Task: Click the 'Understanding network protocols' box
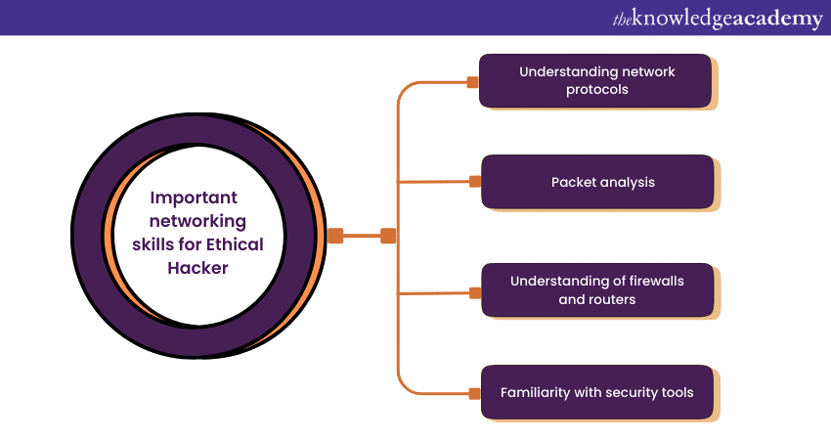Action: [595, 80]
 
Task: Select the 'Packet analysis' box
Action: [597, 182]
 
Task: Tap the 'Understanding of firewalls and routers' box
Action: [597, 290]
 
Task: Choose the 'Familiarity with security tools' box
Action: [597, 393]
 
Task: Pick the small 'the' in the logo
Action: [623, 18]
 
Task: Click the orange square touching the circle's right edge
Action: [335, 236]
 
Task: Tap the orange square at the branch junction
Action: [388, 236]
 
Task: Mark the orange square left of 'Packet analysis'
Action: [475, 181]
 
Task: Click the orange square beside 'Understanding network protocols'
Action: [473, 82]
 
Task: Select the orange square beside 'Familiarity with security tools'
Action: [475, 394]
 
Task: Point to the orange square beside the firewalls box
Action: [475, 291]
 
